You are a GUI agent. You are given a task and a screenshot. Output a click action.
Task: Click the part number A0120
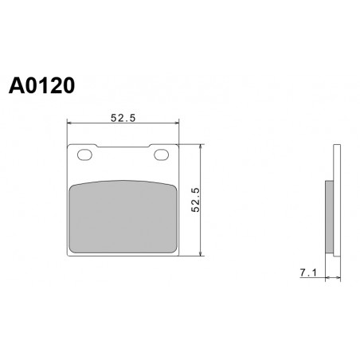(x=41, y=85)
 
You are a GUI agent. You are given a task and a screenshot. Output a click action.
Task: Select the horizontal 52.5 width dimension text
(x=123, y=118)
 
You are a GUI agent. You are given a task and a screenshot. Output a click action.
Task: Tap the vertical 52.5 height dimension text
(x=195, y=200)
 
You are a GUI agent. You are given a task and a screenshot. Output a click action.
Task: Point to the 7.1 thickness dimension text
(x=308, y=272)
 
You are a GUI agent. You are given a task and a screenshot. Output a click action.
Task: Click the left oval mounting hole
(x=84, y=155)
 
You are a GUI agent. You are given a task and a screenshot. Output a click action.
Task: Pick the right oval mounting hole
(x=162, y=155)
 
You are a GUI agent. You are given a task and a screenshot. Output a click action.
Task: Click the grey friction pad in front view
(x=123, y=217)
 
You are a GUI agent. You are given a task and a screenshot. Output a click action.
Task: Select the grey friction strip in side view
(x=329, y=217)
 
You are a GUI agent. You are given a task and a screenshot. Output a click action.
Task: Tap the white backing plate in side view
(x=337, y=200)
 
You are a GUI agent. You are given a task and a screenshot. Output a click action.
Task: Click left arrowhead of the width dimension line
(x=69, y=123)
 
